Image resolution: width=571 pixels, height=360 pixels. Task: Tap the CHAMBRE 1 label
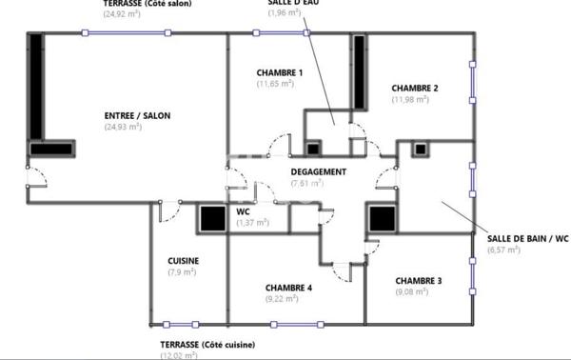tap(280, 73)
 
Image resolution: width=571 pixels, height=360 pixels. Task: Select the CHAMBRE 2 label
tap(415, 89)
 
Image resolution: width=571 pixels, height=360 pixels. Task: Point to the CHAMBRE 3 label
tap(419, 280)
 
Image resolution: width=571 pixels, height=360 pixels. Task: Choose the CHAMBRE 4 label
tap(288, 287)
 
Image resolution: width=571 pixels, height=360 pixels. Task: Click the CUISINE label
tap(182, 260)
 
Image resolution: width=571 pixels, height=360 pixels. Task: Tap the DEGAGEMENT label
tap(318, 172)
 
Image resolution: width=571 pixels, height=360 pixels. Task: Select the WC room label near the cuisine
tap(243, 211)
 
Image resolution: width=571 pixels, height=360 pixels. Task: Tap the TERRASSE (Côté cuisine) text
tap(208, 344)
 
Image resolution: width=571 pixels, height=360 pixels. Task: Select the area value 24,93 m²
tap(123, 126)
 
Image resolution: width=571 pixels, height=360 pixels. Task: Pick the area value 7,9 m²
tap(181, 271)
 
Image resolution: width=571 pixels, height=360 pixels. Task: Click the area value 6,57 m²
tap(503, 250)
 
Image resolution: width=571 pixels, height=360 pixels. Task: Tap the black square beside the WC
tap(209, 218)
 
